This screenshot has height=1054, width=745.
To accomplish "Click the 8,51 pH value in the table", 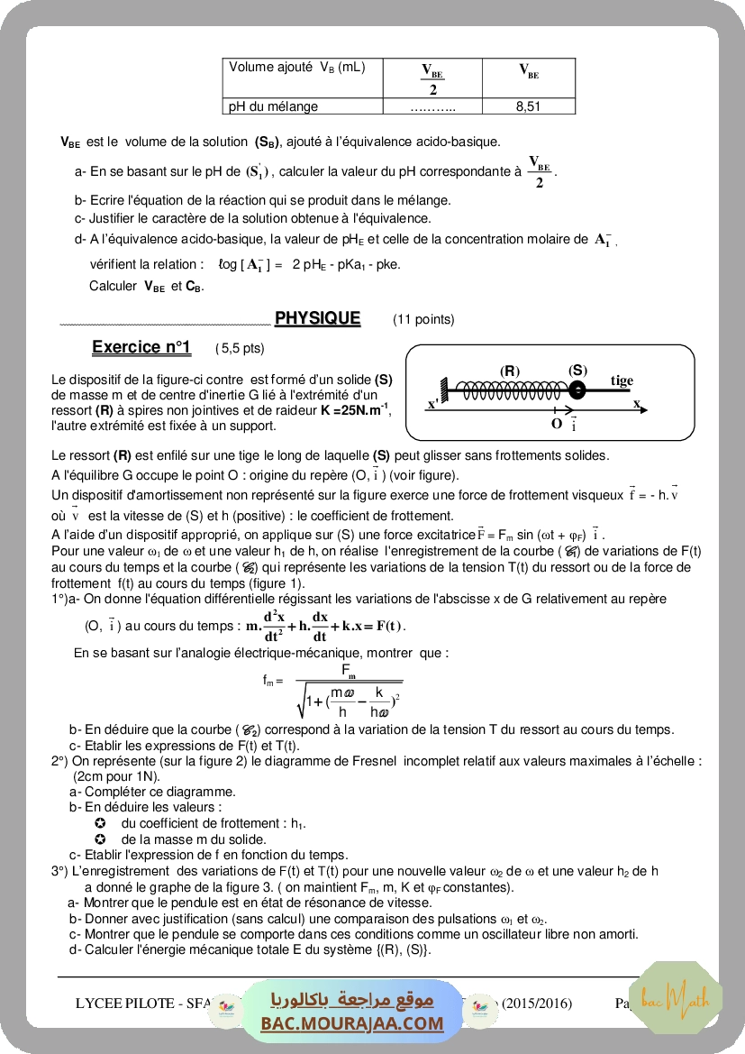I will tap(528, 106).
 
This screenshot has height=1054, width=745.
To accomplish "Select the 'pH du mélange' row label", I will tap(274, 106).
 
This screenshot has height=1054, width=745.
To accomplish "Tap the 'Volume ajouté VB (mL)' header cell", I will tap(297, 67).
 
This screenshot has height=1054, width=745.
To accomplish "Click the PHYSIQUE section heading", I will tap(317, 318).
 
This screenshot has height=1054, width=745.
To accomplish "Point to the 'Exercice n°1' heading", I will tap(141, 347).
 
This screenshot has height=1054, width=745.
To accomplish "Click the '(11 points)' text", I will tap(423, 319).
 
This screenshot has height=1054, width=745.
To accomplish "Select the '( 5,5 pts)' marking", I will tap(240, 348).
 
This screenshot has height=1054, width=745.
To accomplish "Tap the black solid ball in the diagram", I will tap(577, 390).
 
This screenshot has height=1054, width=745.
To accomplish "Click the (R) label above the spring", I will tap(510, 371).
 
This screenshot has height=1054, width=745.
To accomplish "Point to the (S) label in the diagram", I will tap(577, 370).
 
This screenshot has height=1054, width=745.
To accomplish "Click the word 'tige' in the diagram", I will tap(622, 380).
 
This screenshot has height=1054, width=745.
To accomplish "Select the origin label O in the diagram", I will tap(557, 422).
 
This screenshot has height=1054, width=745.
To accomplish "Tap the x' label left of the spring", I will tap(433, 404).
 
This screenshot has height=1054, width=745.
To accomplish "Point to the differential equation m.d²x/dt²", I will tap(325, 625).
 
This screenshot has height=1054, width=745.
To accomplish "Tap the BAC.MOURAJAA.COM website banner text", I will tap(352, 1023).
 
